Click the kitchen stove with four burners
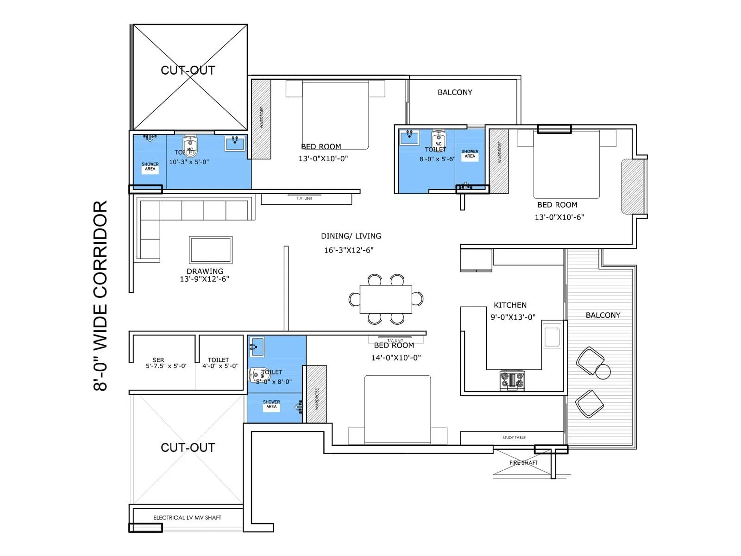(512, 380)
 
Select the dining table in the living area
(386, 299)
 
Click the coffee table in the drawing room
(211, 250)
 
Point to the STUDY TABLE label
(514, 437)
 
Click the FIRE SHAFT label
(523, 462)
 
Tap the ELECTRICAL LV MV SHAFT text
(187, 518)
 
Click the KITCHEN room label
(510, 305)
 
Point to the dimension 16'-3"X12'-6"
(349, 250)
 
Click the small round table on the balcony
(603, 371)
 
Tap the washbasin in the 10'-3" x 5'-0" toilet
(235, 143)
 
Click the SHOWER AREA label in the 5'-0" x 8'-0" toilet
(271, 404)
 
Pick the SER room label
(158, 360)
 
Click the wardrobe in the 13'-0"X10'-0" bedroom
(261, 119)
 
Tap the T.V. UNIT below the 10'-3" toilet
(306, 199)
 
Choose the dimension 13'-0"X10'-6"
(559, 217)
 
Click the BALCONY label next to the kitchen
(603, 315)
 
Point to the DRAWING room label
(205, 271)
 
